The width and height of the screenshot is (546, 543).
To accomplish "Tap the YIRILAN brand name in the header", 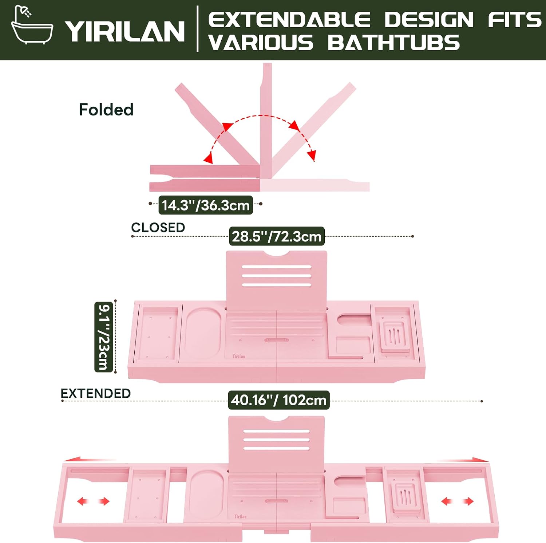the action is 125,31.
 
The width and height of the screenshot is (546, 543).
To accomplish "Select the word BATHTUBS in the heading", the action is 393,43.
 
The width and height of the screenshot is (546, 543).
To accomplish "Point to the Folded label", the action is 106,110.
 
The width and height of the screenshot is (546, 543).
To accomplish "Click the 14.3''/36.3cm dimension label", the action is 206,205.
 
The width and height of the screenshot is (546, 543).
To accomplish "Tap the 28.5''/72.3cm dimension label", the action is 277,236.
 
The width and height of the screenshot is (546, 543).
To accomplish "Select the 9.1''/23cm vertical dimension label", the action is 103,337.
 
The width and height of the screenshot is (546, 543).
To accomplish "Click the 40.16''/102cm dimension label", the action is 278,400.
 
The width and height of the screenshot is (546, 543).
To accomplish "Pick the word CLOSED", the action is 158,228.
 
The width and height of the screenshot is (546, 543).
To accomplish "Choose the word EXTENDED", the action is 96,393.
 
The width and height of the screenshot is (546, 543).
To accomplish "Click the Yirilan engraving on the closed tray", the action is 239,357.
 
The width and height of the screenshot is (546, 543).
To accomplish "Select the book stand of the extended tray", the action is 277,445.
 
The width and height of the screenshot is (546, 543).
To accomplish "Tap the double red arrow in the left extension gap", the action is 93,501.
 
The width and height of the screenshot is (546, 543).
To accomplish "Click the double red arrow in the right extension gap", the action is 457,501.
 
